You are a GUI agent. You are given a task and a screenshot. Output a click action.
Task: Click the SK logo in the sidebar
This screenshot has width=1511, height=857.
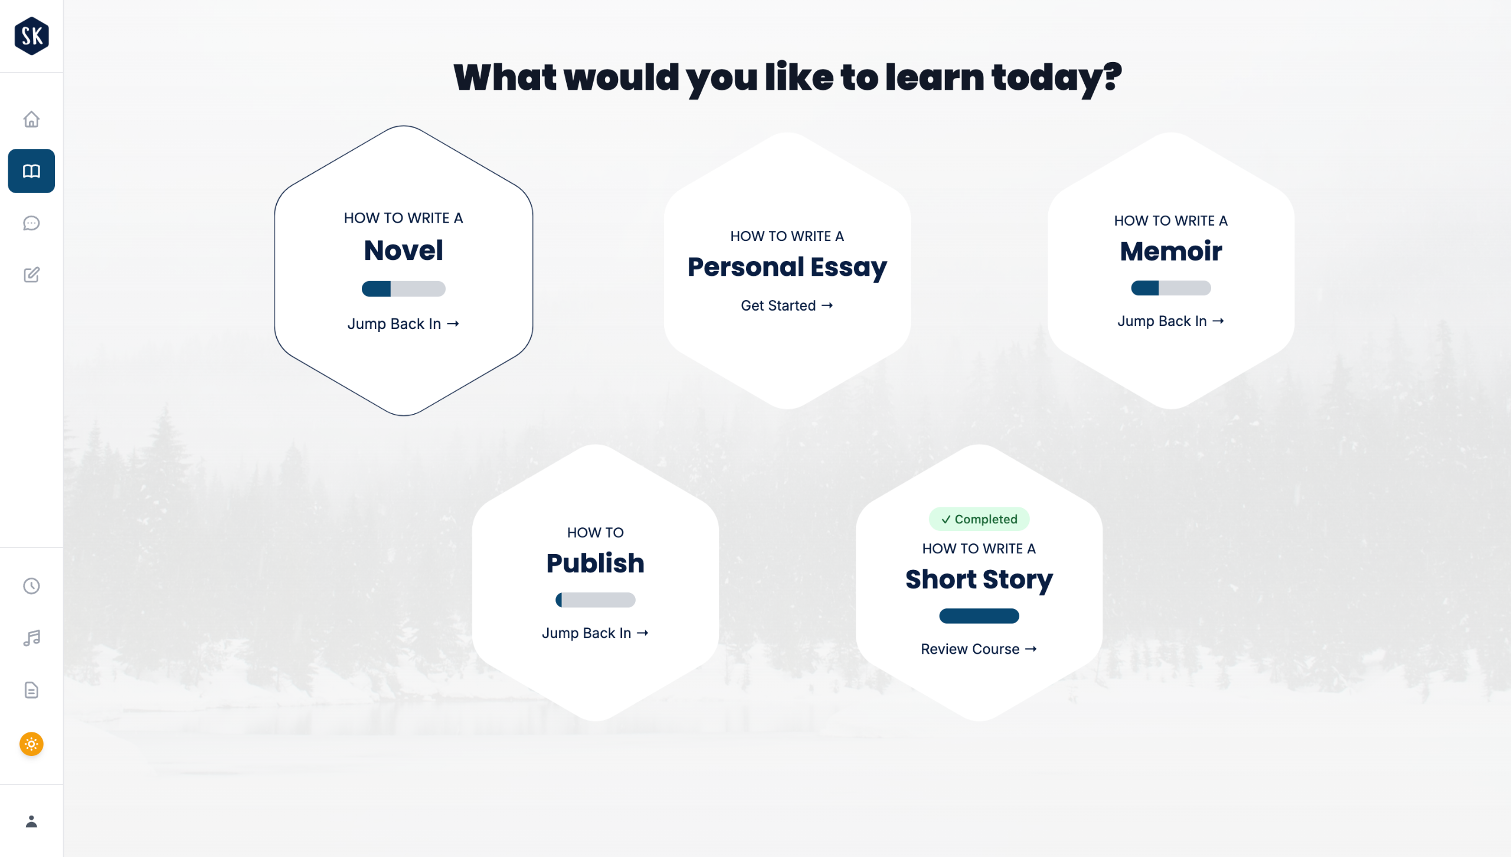click(31, 36)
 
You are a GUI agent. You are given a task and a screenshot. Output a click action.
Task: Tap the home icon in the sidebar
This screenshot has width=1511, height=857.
click(31, 119)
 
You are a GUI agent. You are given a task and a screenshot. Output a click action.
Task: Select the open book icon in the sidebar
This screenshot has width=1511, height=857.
click(31, 171)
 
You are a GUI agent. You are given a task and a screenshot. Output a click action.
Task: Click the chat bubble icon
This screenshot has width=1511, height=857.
click(31, 223)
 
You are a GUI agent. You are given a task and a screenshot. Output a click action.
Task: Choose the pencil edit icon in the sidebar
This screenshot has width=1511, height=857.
click(31, 275)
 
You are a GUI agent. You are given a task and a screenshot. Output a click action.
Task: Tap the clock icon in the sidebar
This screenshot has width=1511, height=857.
click(31, 586)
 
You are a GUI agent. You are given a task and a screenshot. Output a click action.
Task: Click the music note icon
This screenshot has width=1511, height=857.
click(31, 638)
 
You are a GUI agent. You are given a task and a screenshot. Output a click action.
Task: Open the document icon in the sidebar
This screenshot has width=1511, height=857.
click(31, 690)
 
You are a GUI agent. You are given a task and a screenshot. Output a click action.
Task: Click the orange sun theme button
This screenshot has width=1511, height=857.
click(31, 744)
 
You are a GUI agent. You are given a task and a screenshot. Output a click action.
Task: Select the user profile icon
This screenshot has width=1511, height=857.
click(31, 822)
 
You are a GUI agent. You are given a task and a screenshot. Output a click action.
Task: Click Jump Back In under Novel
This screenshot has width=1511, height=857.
click(403, 324)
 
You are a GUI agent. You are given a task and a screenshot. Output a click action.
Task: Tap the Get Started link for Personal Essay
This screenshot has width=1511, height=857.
click(787, 305)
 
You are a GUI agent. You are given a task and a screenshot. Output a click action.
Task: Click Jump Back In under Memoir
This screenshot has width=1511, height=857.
click(1170, 321)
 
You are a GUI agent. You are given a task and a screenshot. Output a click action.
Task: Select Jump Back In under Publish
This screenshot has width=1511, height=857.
click(595, 633)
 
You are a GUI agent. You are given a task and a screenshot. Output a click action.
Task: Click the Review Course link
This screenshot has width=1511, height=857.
click(979, 649)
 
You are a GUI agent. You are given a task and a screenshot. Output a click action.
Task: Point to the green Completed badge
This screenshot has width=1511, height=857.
click(979, 519)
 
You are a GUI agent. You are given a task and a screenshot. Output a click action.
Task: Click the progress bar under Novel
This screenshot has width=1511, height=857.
click(403, 289)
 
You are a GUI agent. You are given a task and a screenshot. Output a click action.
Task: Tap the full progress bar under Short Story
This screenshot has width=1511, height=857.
click(979, 616)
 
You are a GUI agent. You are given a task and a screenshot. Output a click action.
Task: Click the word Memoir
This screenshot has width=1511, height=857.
click(1170, 251)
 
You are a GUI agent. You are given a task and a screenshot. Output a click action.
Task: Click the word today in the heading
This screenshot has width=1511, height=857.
click(1056, 78)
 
